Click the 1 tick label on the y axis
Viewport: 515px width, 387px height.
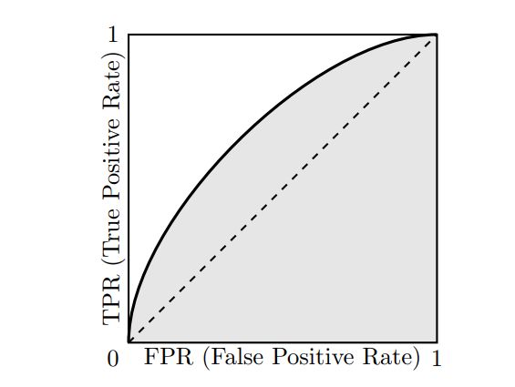pos(113,36)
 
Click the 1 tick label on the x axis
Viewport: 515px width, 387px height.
pos(437,359)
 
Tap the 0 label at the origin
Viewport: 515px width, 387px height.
pos(113,359)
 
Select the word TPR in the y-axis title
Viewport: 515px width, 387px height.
pos(113,301)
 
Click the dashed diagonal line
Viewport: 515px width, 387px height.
pos(283,188)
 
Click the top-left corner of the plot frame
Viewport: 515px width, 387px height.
pos(129,35)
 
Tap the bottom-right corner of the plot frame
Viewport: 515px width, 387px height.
pos(437,341)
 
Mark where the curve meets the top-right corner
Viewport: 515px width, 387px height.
pos(436,36)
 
